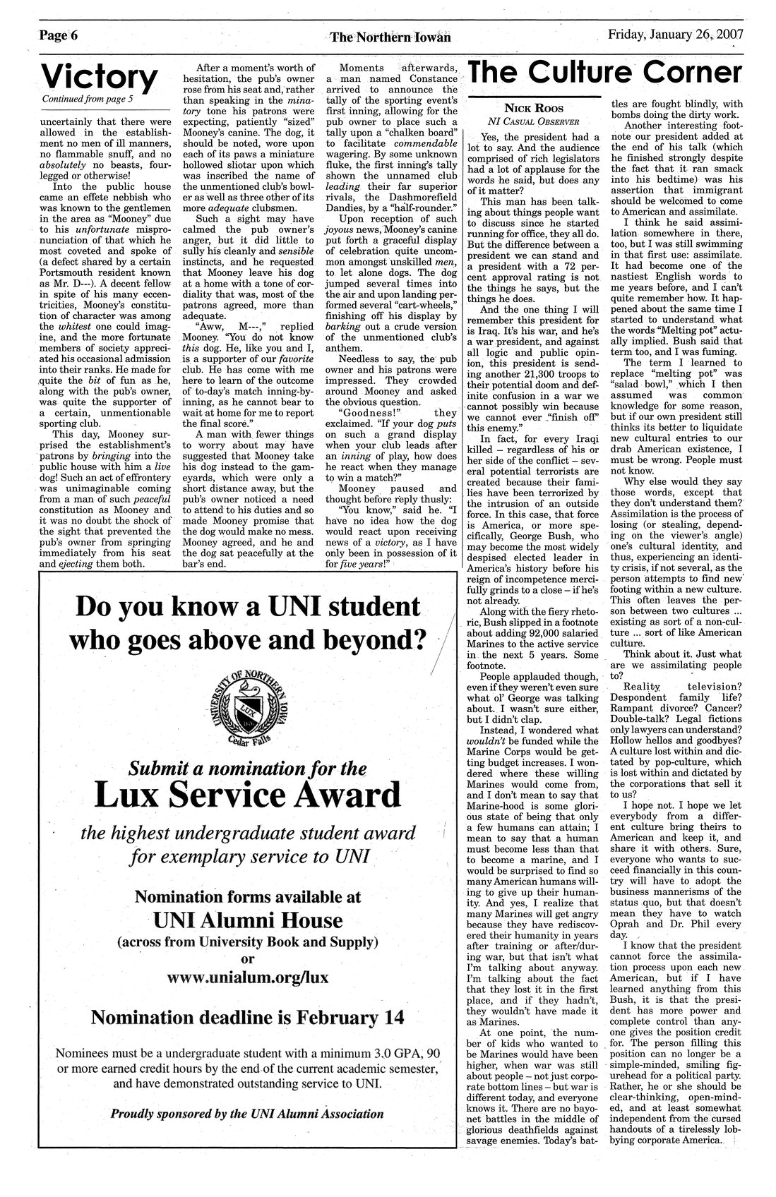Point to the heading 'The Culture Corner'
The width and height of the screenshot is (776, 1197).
coord(605,73)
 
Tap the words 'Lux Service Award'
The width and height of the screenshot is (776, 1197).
coord(247,795)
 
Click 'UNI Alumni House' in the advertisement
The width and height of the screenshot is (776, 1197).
coord(247,920)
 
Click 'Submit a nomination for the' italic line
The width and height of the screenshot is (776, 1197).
coord(247,768)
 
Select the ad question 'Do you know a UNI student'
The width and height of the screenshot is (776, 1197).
coord(247,607)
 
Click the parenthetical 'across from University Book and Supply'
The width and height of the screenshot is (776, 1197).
coord(247,942)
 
